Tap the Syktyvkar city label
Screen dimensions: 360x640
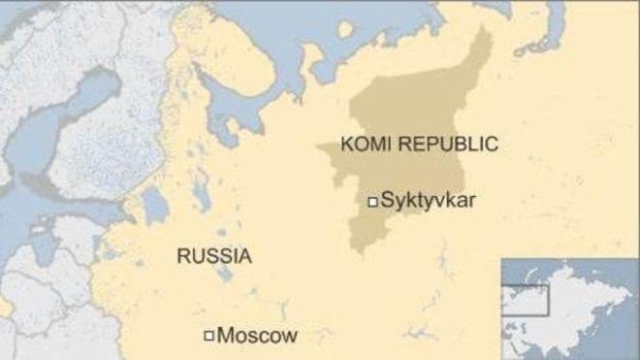coord(430,202)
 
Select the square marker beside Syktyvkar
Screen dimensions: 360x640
coord(371,202)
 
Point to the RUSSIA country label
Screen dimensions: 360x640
coord(213,256)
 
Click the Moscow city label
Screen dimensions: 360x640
coord(257,337)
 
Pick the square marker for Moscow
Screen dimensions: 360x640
coord(208,337)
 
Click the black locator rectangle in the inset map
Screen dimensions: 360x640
coord(524,299)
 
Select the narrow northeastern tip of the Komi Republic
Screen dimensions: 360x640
coord(481,44)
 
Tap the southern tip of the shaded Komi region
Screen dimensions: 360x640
coord(360,247)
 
